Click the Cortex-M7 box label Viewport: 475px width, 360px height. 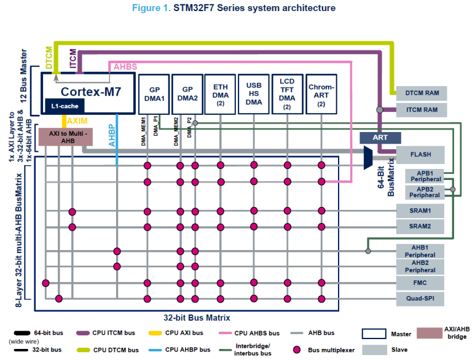[x=90, y=92]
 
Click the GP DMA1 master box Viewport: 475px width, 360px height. [x=154, y=93]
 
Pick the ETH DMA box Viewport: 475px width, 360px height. [x=220, y=93]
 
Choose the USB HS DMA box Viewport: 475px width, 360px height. [x=253, y=93]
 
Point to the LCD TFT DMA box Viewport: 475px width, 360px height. [x=287, y=93]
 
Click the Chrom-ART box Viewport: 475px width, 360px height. [x=321, y=93]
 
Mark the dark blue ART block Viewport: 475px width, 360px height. [x=381, y=137]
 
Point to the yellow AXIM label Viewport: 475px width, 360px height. [x=77, y=121]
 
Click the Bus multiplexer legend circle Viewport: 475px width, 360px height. [x=297, y=350]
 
